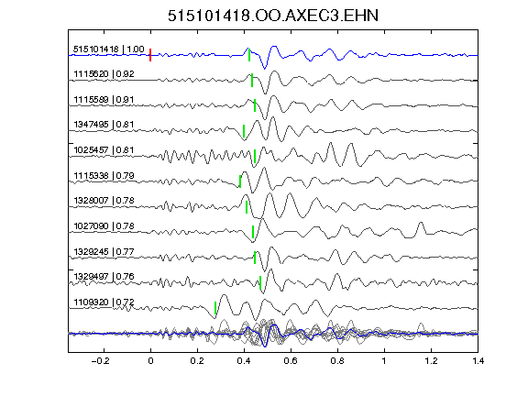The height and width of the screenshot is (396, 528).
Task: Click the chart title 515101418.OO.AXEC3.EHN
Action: click(x=273, y=16)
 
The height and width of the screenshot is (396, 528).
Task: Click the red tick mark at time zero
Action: click(x=150, y=55)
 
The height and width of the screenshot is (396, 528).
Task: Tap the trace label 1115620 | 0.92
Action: click(x=104, y=74)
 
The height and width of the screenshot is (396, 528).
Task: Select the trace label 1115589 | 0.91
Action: click(x=104, y=100)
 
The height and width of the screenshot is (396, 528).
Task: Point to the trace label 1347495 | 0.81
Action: click(x=104, y=125)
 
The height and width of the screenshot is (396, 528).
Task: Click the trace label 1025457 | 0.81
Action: click(x=104, y=149)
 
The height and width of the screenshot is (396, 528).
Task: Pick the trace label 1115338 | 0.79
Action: click(x=104, y=175)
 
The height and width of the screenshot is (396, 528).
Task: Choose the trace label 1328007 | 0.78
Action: click(x=104, y=201)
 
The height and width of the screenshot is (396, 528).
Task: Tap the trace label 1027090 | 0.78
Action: click(x=104, y=225)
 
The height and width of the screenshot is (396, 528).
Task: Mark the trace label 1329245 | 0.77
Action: click(x=104, y=251)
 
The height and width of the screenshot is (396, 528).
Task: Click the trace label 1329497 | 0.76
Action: click(x=104, y=277)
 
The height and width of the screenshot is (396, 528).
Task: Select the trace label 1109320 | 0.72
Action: click(x=104, y=302)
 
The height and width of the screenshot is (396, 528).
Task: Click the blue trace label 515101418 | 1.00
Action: click(x=109, y=49)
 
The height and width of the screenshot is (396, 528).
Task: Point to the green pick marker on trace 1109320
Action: click(x=215, y=308)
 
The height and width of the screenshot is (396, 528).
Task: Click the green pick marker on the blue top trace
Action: click(x=249, y=55)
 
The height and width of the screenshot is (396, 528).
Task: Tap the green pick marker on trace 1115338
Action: click(x=240, y=181)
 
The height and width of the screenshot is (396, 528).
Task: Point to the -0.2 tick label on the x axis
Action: click(x=100, y=361)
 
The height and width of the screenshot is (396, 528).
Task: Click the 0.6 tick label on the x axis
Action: click(x=291, y=361)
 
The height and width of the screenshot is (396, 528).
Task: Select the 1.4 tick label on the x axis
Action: click(x=478, y=361)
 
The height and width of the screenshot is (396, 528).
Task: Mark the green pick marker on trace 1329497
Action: click(x=260, y=282)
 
